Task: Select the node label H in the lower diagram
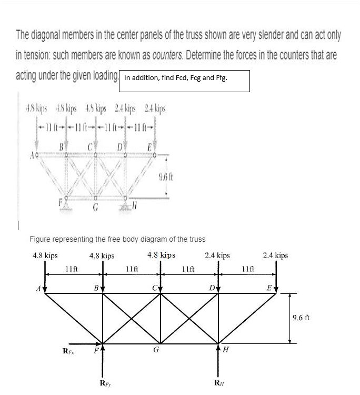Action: (x=226, y=349)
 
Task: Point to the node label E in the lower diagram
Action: (x=269, y=288)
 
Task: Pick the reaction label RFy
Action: (x=105, y=382)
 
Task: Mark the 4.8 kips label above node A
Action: (x=45, y=255)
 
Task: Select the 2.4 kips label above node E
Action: (x=275, y=255)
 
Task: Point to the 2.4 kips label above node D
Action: (x=217, y=255)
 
